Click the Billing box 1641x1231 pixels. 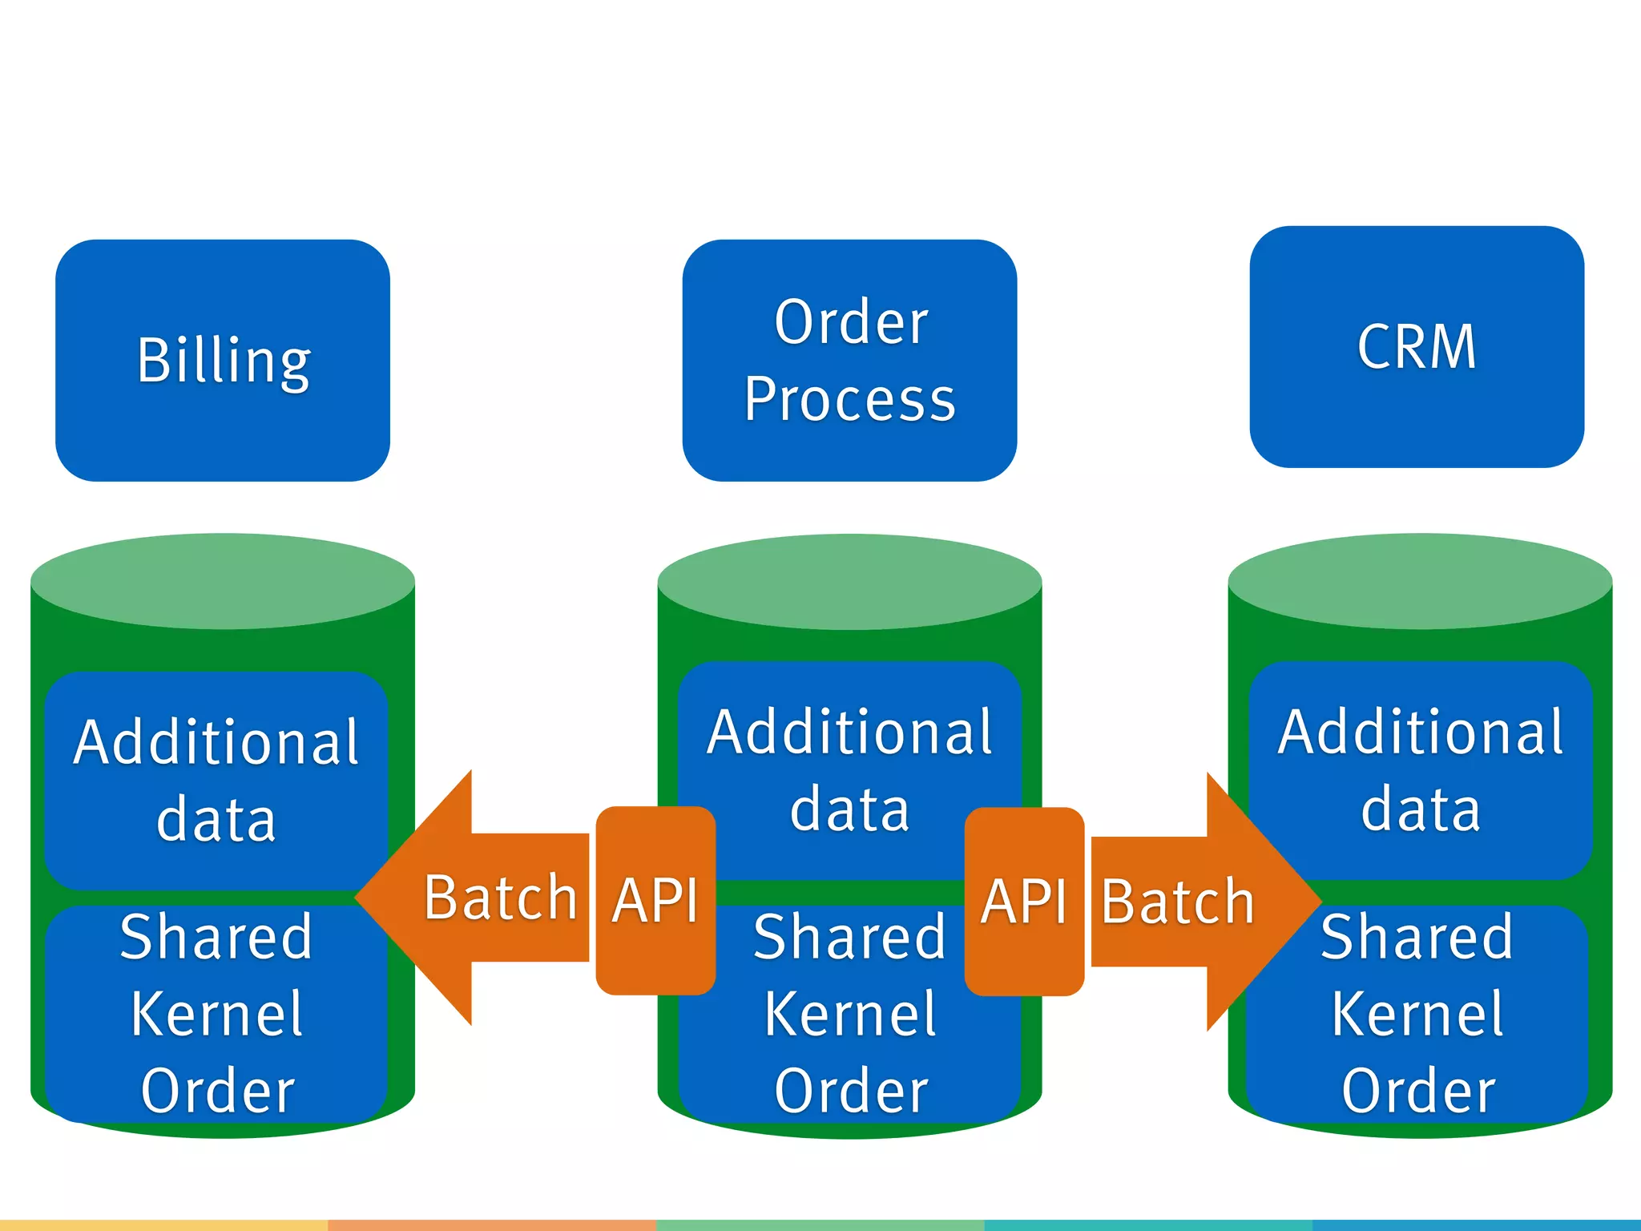click(223, 361)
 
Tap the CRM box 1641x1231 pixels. click(1417, 347)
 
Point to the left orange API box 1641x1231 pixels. click(655, 901)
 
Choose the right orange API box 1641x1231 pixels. click(1024, 901)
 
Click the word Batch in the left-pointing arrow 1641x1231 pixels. click(501, 898)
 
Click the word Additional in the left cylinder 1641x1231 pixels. click(216, 742)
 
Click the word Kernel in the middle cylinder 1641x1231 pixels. click(849, 1015)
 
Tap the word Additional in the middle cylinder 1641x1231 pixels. click(849, 733)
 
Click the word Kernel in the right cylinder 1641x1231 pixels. click(1418, 1015)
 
